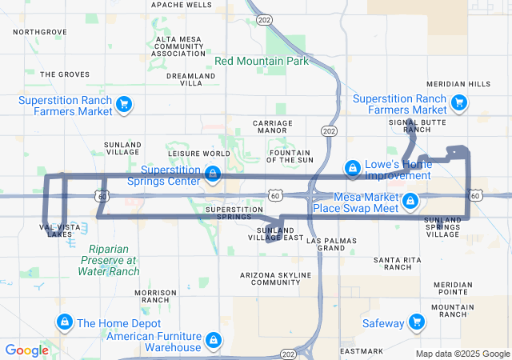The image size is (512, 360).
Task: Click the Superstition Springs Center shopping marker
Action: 212,173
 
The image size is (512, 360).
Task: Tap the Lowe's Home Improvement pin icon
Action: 352,168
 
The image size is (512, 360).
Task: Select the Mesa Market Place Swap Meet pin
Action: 410,200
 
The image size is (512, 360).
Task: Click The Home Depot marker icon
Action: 63,322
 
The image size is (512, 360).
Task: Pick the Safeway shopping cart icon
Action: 417,322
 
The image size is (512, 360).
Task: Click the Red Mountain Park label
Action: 262,61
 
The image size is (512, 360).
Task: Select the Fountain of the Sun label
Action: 291,156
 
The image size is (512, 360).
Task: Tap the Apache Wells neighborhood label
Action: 182,5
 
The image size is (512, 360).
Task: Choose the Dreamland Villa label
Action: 190,79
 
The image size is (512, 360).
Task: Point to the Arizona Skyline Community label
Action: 275,278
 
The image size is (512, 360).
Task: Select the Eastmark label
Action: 362,351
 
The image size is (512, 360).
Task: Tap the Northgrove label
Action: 40,32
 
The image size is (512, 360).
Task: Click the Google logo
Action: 26,350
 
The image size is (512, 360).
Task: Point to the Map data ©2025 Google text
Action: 462,354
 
